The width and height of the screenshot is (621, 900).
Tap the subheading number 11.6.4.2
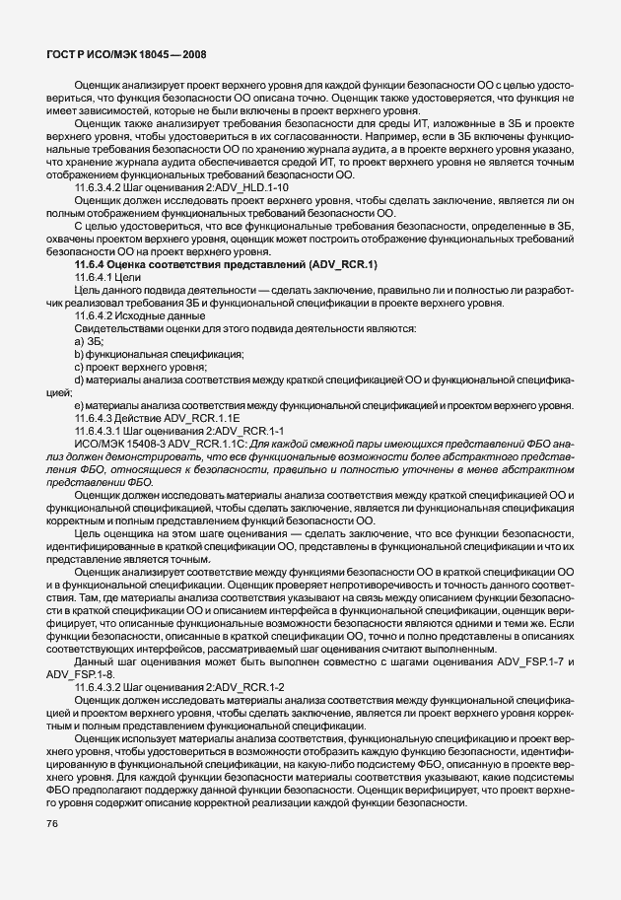(x=97, y=315)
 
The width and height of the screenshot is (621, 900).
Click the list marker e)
(x=78, y=405)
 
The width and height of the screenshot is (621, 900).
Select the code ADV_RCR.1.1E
(x=205, y=418)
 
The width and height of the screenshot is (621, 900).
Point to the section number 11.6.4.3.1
(x=103, y=431)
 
